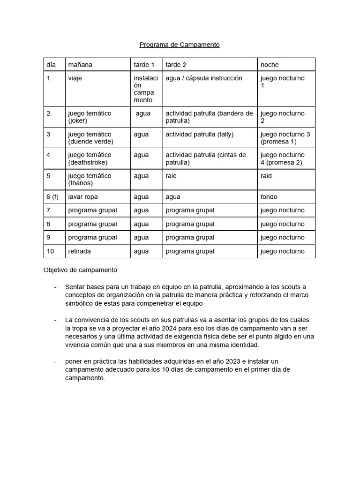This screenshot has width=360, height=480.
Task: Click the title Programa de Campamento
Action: point(180,45)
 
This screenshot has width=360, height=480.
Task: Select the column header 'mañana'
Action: point(80,65)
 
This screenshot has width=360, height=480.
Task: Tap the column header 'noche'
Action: point(270,65)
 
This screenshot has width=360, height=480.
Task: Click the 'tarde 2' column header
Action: point(176,65)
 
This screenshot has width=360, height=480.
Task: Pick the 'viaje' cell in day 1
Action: point(75,78)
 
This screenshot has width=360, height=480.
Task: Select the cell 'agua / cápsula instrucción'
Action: point(204,78)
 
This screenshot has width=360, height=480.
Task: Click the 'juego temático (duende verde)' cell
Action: point(90,138)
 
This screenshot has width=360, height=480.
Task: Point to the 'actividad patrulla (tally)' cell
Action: point(199,135)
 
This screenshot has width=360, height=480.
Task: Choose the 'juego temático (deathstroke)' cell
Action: point(90,158)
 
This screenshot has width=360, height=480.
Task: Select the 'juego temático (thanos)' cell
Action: point(90,180)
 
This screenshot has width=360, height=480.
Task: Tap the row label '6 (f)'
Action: point(52,197)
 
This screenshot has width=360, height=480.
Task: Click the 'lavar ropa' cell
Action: point(83,197)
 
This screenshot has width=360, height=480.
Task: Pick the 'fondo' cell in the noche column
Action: point(269,197)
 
